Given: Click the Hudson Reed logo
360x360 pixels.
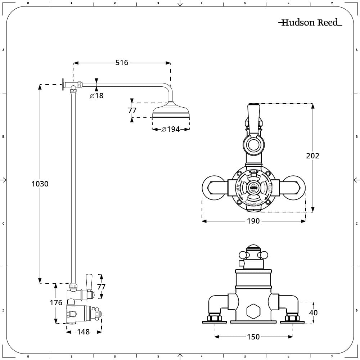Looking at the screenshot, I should click(x=310, y=23).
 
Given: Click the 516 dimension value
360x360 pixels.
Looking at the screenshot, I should click(x=122, y=63).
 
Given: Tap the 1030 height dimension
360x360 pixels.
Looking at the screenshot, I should click(x=40, y=184).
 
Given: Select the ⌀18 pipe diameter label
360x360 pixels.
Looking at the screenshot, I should click(x=96, y=96).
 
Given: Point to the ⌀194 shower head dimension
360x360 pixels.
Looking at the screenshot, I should click(x=171, y=129).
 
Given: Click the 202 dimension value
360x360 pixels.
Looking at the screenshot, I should click(x=312, y=156).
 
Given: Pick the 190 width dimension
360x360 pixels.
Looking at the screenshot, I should click(x=253, y=221).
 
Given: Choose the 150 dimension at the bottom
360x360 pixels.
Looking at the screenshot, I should click(x=253, y=337).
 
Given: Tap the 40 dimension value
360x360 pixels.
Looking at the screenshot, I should click(x=314, y=312).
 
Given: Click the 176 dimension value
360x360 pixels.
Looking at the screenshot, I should click(x=56, y=303).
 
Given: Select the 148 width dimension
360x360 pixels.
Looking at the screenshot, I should click(x=84, y=332).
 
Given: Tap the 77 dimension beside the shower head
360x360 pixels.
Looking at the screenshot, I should click(x=132, y=111).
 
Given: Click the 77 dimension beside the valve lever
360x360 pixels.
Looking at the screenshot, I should click(x=102, y=287).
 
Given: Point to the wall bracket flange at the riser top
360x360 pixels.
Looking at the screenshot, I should click(x=63, y=85).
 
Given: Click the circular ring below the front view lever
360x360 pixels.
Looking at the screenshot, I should click(x=253, y=145).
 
